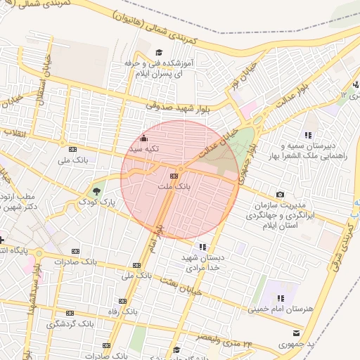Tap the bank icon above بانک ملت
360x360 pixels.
click(x=174, y=176)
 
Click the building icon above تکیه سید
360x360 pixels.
click(x=144, y=138)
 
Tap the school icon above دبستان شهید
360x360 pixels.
click(x=202, y=247)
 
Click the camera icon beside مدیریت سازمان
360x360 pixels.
click(x=281, y=194)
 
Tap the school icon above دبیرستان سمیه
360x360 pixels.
click(x=308, y=135)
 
